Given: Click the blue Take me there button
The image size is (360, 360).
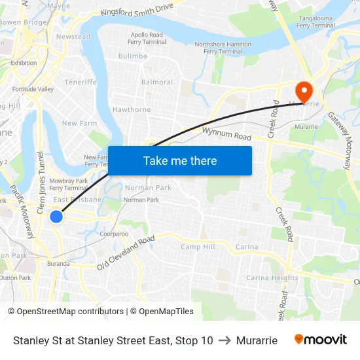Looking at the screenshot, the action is click(x=180, y=160).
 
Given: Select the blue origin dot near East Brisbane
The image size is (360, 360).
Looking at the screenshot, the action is click(x=56, y=216).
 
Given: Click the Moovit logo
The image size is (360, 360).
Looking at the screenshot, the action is click(x=321, y=340).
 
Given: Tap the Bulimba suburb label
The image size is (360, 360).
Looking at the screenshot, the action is click(x=133, y=56).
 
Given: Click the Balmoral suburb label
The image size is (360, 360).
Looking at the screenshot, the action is click(x=157, y=82).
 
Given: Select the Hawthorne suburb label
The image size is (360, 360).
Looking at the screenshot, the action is click(x=132, y=109).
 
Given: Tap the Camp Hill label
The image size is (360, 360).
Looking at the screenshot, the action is click(x=198, y=247).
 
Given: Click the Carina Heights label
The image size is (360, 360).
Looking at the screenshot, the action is click(x=272, y=278).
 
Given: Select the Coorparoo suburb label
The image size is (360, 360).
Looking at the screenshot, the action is click(x=114, y=234).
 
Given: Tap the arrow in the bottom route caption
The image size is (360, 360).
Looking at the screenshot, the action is click(x=224, y=340).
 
